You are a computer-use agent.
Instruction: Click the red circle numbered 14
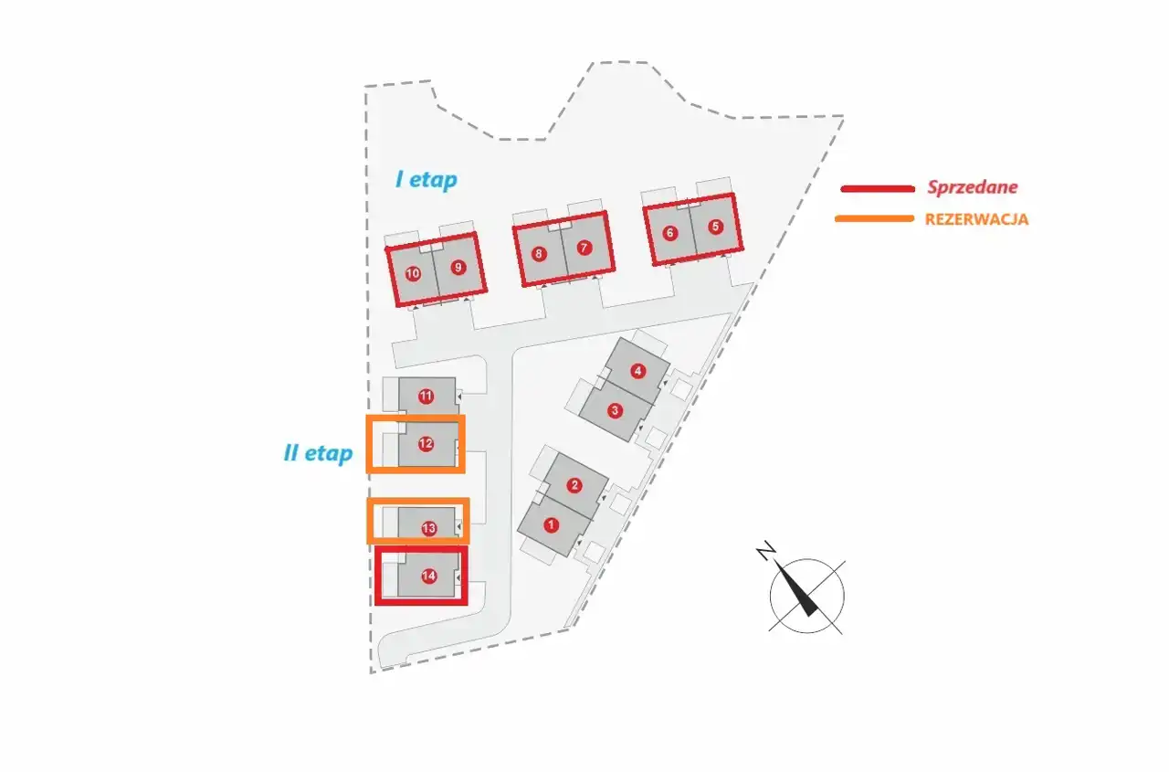(x=428, y=576)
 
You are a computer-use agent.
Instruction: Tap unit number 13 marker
(x=428, y=529)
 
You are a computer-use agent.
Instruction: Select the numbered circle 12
(x=426, y=444)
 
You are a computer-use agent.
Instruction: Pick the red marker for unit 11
(x=426, y=396)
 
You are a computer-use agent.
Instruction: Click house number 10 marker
(x=413, y=273)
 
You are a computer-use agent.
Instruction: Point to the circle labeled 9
(x=458, y=268)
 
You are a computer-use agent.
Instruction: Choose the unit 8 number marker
(x=539, y=254)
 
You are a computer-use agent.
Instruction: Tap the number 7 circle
(x=584, y=248)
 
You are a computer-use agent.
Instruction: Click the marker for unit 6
(x=670, y=233)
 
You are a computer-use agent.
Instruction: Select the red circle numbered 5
(x=715, y=227)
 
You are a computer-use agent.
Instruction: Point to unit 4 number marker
(x=638, y=371)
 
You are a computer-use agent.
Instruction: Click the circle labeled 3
(x=616, y=410)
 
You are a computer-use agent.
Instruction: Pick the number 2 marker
(x=574, y=485)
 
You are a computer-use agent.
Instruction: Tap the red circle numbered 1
(x=551, y=524)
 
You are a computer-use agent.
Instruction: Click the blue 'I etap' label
(x=426, y=180)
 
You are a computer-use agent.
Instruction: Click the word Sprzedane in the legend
(x=972, y=187)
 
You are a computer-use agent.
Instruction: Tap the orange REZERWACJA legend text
(x=976, y=219)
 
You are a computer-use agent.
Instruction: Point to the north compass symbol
(x=806, y=594)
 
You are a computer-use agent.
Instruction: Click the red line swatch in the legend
(x=877, y=188)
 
